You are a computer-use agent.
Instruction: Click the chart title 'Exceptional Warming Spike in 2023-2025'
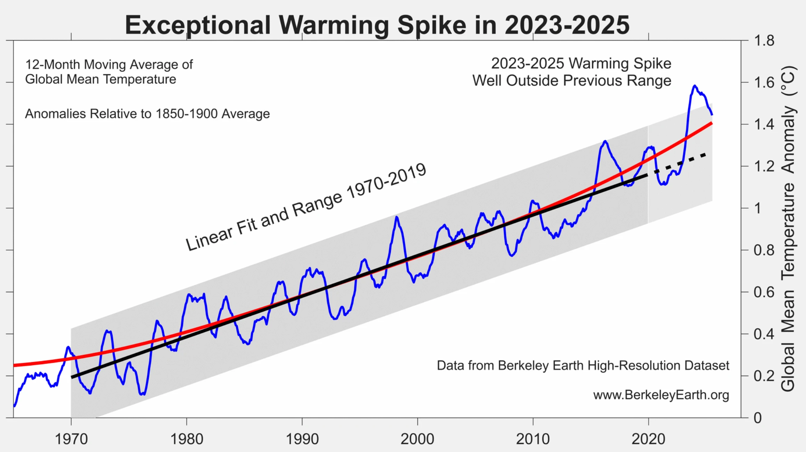click(x=377, y=25)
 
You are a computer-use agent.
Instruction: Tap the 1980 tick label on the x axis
click(x=187, y=439)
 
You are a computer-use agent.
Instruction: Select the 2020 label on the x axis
click(x=648, y=439)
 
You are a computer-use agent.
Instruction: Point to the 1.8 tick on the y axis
click(x=764, y=41)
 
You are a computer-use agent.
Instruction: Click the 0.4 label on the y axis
click(x=764, y=334)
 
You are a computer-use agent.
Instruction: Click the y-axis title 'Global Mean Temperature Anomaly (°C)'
click(x=788, y=229)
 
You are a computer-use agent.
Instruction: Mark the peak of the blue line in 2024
click(x=694, y=85)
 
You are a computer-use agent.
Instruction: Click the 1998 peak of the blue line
click(x=396, y=217)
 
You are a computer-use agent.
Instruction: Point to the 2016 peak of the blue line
click(x=605, y=141)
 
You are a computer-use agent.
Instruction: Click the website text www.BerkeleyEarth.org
click(x=661, y=395)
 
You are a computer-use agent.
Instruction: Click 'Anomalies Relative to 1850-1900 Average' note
click(x=147, y=114)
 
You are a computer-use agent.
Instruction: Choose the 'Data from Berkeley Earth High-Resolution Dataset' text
click(x=583, y=366)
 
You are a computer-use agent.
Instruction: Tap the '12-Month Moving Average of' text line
click(x=109, y=65)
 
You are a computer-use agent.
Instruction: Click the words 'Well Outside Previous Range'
click(x=571, y=81)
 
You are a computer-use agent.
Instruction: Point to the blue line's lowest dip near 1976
click(x=142, y=394)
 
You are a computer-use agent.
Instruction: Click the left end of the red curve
click(x=15, y=365)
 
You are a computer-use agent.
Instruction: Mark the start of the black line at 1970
click(x=72, y=377)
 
